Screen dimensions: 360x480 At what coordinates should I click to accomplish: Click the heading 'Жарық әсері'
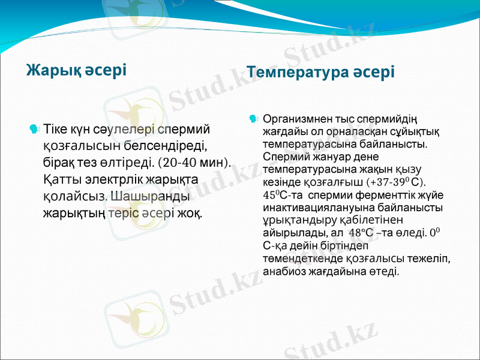[x=76, y=70]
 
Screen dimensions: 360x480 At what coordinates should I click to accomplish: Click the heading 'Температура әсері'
[x=320, y=73]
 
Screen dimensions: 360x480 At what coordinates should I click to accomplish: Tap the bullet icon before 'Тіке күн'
[x=35, y=128]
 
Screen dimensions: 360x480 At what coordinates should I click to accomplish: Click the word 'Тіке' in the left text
[x=56, y=128]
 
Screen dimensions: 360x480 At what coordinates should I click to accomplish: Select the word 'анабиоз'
[x=285, y=271]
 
